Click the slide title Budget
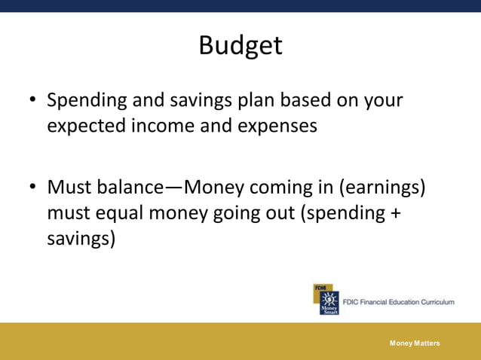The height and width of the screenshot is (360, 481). (x=240, y=46)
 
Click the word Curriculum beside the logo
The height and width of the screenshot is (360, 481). (x=430, y=302)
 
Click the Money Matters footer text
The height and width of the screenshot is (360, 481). (x=415, y=343)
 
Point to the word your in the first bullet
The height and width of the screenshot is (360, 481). (x=384, y=101)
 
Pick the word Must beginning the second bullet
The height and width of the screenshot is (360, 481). (x=67, y=186)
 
